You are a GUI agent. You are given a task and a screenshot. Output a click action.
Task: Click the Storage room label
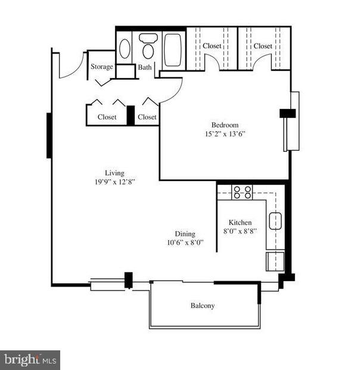[x=101, y=67]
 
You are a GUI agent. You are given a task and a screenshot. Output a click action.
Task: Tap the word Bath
[x=145, y=67]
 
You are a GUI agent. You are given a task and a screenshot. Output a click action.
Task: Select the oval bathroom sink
[x=125, y=49]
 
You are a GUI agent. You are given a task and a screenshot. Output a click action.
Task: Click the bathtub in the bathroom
[x=173, y=49]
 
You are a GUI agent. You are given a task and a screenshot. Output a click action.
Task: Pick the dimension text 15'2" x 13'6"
[x=225, y=134]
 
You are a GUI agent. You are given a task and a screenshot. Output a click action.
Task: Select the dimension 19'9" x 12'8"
[x=114, y=182]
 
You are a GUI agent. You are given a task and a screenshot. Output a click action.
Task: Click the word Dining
[x=185, y=234]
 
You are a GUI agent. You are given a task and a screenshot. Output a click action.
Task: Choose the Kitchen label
[x=240, y=222]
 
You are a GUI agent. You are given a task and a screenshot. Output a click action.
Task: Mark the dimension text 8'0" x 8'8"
[x=240, y=231]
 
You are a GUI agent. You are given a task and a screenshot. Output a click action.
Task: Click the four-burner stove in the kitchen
[x=243, y=192]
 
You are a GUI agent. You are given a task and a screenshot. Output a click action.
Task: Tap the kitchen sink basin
[x=275, y=222]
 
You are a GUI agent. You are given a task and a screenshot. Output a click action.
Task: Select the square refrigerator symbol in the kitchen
[x=275, y=261]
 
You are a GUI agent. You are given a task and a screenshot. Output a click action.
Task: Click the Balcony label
[x=203, y=306]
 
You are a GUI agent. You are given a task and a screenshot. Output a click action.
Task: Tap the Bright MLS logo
[x=30, y=360]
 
